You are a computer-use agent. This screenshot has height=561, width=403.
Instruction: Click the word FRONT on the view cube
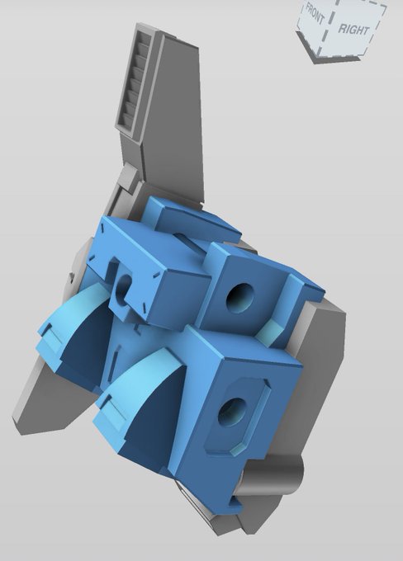(315, 13)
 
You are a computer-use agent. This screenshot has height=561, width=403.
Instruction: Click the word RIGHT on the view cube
(353, 30)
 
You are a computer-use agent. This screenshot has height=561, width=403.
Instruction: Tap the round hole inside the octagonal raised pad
(233, 412)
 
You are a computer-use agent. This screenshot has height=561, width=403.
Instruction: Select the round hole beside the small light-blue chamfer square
(240, 298)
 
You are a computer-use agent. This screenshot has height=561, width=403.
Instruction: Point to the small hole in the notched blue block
(123, 289)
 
